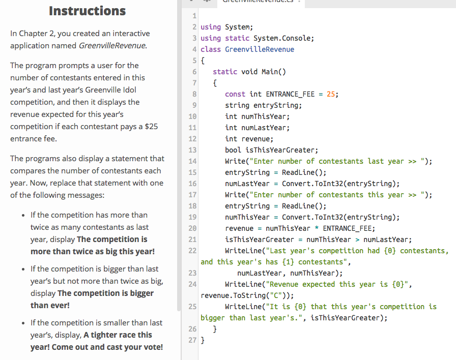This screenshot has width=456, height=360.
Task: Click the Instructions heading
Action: (x=87, y=11)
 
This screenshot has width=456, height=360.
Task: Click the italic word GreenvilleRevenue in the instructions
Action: (x=113, y=46)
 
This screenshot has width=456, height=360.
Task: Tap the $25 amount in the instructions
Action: (x=151, y=126)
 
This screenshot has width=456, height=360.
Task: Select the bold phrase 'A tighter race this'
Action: (x=118, y=335)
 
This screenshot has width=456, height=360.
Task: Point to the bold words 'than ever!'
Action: (x=50, y=305)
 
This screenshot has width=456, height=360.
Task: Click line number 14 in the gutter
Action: (x=192, y=161)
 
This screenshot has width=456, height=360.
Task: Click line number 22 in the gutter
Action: (x=192, y=251)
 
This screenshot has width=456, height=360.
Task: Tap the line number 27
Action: (x=192, y=340)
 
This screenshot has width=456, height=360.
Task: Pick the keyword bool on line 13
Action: (x=233, y=150)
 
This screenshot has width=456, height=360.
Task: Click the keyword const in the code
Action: (x=235, y=94)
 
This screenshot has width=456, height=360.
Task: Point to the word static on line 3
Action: (x=237, y=38)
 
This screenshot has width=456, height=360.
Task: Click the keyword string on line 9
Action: (x=237, y=105)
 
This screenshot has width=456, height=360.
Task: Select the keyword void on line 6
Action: (x=249, y=72)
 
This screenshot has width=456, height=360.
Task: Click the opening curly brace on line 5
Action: (x=203, y=61)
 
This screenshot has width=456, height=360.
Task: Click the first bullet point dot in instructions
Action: (x=23, y=215)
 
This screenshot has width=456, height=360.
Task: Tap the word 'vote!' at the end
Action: (x=152, y=347)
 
